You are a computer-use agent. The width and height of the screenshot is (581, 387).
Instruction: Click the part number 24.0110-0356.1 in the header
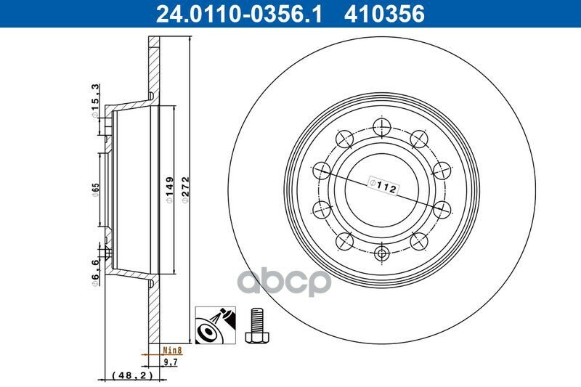239,14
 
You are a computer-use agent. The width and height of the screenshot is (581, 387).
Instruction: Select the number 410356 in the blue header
384,14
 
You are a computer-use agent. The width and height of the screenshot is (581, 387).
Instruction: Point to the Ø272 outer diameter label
186,190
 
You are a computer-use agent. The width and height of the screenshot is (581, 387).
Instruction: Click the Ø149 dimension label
170,190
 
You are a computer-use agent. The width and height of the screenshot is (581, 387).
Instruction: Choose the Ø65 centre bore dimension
96,190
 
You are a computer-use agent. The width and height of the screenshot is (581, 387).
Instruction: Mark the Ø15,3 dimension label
96,101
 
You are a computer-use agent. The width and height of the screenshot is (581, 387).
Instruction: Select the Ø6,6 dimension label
96,272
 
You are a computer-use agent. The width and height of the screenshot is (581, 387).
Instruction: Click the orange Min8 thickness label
173,349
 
